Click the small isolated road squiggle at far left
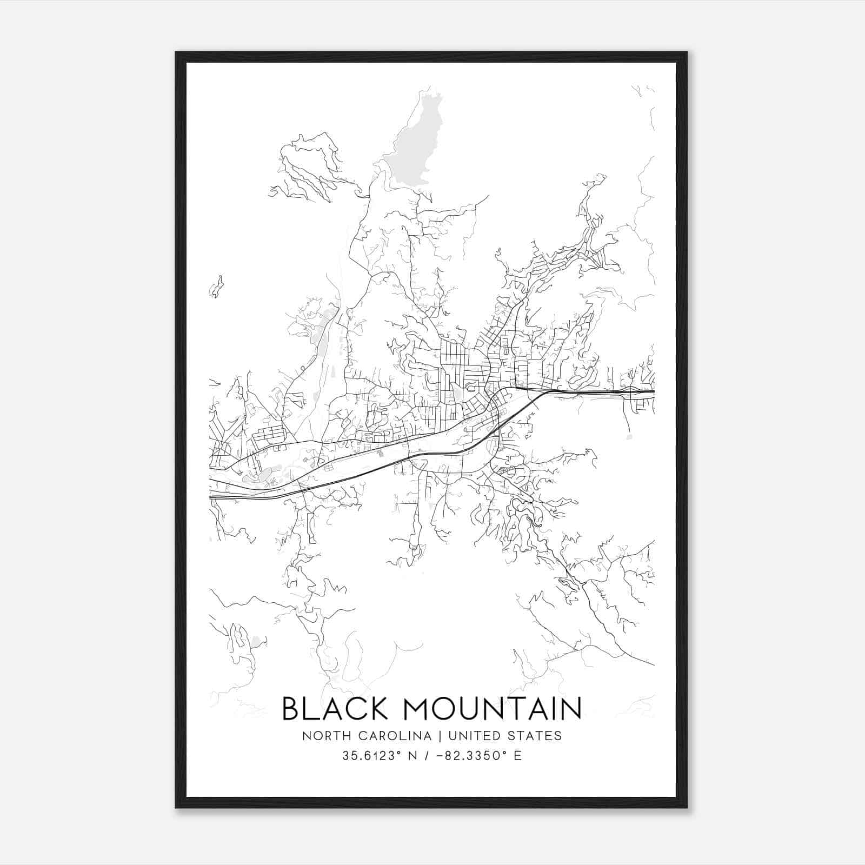click(216, 287)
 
